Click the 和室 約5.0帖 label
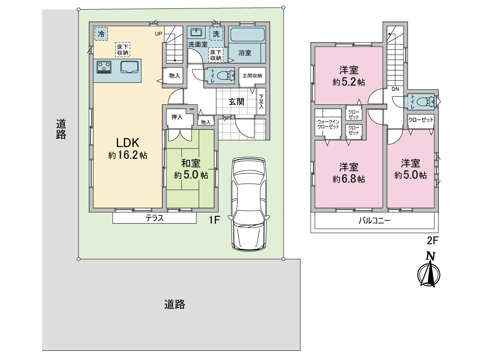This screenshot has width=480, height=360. (x=190, y=169)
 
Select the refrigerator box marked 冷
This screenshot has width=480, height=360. (x=101, y=34)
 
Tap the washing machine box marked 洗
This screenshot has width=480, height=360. (x=216, y=34)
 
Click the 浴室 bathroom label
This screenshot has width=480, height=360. (x=245, y=53)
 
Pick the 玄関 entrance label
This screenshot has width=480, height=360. (x=236, y=102)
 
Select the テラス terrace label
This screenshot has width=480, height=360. (x=154, y=218)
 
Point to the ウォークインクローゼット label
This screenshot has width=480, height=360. (x=328, y=124)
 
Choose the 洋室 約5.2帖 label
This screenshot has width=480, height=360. (x=348, y=76)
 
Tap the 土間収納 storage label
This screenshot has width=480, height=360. (x=252, y=76)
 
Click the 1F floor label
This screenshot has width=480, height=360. (x=214, y=220)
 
